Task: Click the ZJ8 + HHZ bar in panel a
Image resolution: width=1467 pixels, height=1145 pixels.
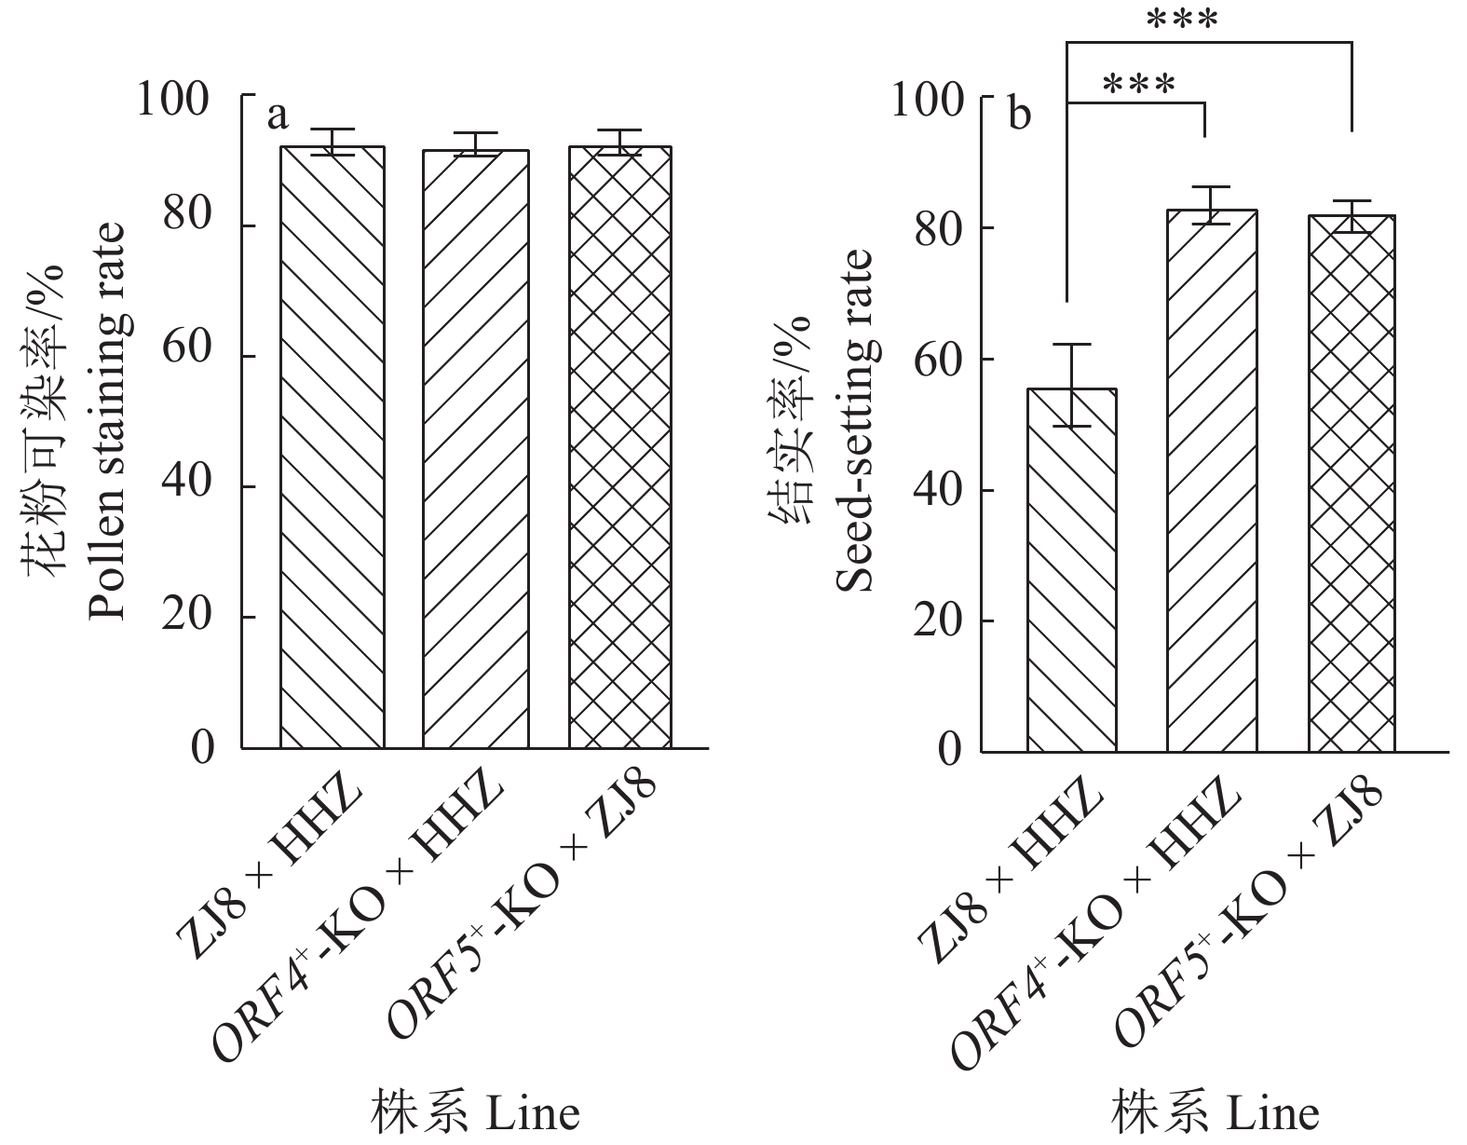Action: (x=333, y=447)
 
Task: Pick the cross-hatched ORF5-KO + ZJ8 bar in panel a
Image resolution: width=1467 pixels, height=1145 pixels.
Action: (x=620, y=447)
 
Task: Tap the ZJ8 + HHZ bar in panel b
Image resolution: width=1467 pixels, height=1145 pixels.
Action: (x=1072, y=569)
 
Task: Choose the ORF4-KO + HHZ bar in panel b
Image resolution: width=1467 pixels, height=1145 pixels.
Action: (x=1212, y=481)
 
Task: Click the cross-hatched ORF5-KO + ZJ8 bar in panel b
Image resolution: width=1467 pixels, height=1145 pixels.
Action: (x=1352, y=484)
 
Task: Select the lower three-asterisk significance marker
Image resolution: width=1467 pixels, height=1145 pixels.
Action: (x=1138, y=84)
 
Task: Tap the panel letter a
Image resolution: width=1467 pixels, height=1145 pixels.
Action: (x=278, y=116)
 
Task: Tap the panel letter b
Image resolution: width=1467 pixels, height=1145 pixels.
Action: (x=1021, y=116)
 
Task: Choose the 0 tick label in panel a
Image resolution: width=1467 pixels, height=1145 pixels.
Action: (x=203, y=747)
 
